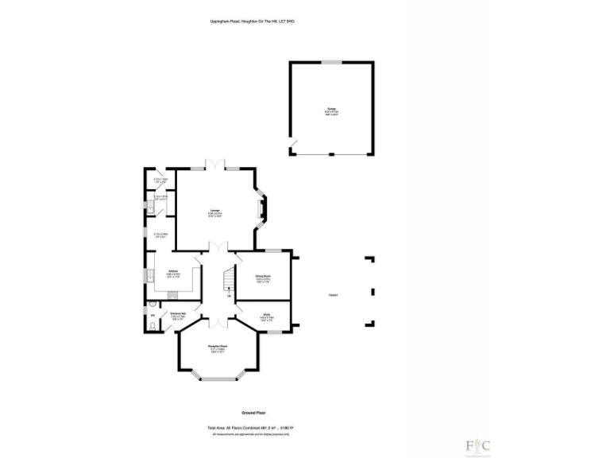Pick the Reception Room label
point(218,347)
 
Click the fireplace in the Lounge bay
point(263,210)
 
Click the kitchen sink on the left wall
point(150,277)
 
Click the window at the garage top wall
point(331,62)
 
